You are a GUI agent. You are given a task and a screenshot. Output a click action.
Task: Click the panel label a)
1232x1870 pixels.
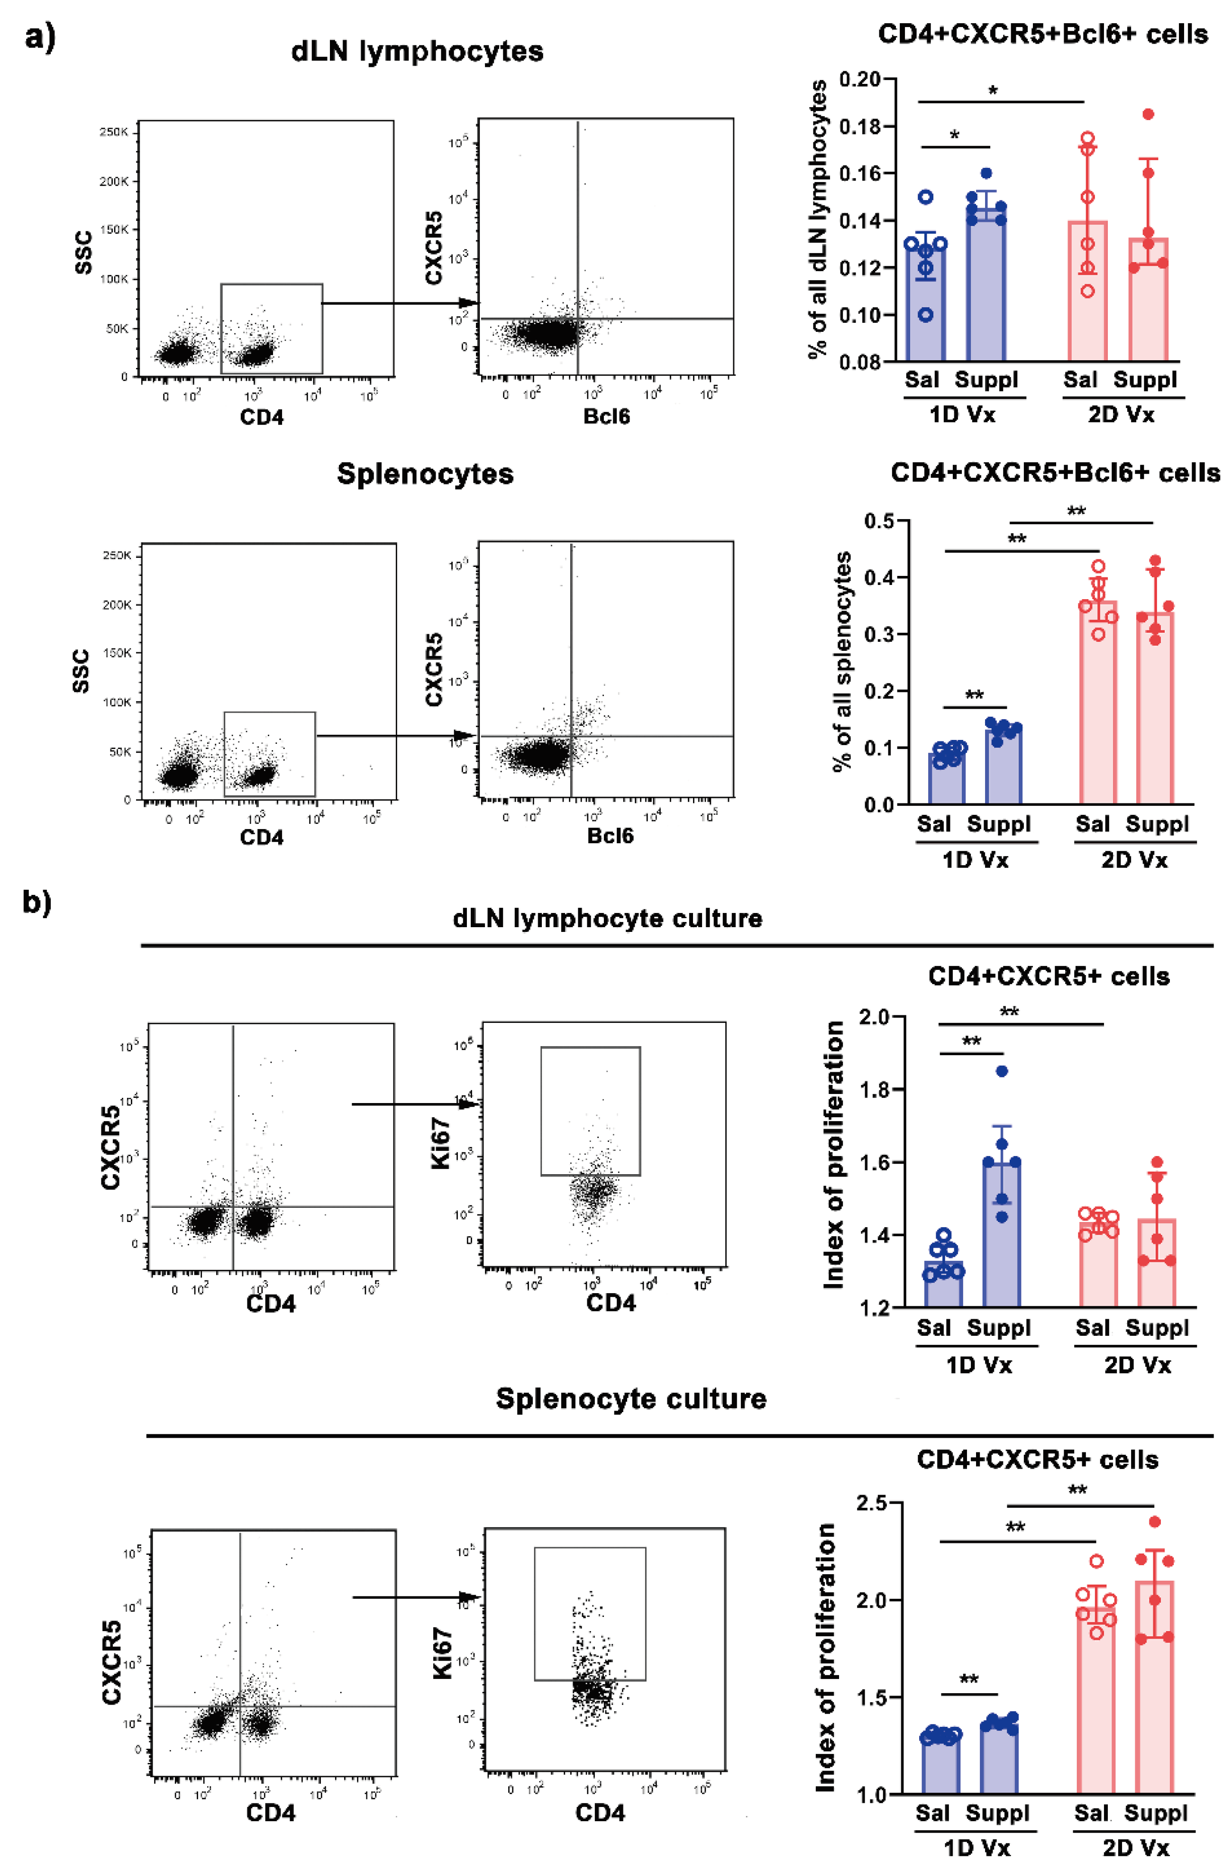[39, 37]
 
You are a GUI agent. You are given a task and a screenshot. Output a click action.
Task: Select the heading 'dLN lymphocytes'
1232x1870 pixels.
[417, 51]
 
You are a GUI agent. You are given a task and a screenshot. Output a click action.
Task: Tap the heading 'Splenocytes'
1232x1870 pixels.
[425, 474]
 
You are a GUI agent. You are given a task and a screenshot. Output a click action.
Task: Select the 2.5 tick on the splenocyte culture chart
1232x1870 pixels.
[871, 1503]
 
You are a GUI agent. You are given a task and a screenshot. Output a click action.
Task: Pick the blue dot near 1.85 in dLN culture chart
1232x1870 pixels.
[1001, 1071]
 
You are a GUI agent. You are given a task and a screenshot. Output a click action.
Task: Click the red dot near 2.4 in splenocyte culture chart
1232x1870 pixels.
[1155, 1522]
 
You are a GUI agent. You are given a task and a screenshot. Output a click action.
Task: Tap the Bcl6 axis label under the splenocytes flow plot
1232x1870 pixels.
[610, 835]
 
